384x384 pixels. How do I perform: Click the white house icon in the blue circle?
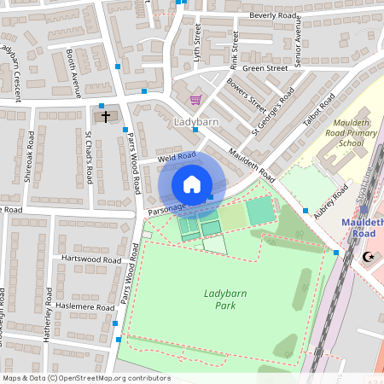pos(192,183)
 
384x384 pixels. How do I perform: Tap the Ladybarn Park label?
pos(219,299)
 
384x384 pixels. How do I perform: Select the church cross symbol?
pos(106,116)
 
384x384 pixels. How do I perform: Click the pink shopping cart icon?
pos(195,100)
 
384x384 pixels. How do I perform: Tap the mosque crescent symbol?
pos(369,256)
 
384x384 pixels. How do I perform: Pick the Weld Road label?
pos(177,157)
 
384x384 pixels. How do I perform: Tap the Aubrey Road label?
pos(331,205)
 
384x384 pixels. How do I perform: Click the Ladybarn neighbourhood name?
pos(196,122)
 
